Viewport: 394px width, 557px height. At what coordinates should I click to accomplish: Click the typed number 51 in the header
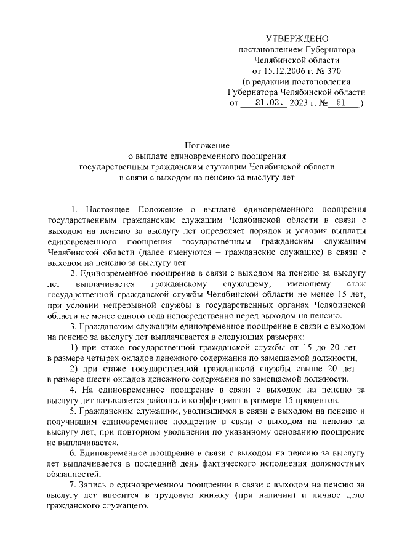[x=340, y=103]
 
